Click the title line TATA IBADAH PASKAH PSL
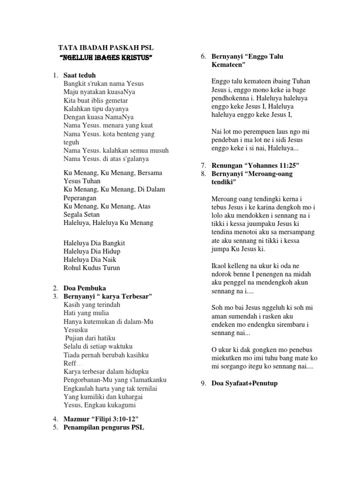pyautogui.click(x=105, y=48)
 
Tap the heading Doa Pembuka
pyautogui.click(x=85, y=288)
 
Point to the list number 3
pyautogui.click(x=55, y=296)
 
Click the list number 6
pyautogui.click(x=203, y=56)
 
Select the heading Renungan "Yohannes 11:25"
pyautogui.click(x=255, y=165)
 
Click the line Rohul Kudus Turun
pyautogui.click(x=91, y=268)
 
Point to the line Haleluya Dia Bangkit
pyautogui.click(x=94, y=243)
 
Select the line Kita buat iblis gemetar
pyautogui.click(x=95, y=100)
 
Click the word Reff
pyautogui.click(x=70, y=363)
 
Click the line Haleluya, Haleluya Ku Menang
pyautogui.click(x=108, y=223)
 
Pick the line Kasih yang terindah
pyautogui.click(x=92, y=305)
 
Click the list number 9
pyautogui.click(x=203, y=383)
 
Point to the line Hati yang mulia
pyautogui.click(x=86, y=313)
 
